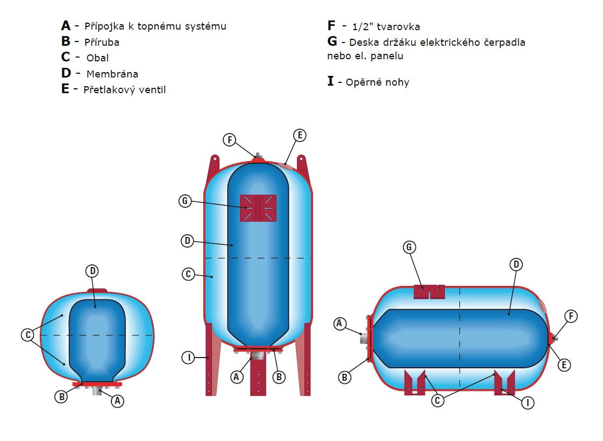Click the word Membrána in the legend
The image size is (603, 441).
112,73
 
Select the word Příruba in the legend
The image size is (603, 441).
102,42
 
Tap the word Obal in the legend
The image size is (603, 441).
98,58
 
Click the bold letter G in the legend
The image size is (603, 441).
332,41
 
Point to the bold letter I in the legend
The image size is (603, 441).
330,81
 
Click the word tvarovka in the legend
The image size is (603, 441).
399,26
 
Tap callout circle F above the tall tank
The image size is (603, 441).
230,139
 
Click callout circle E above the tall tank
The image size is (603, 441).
300,135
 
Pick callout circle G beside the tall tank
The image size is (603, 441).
185,201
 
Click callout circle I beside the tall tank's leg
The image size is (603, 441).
188,358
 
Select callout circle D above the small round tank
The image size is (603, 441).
93,271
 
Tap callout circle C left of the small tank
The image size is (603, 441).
27,335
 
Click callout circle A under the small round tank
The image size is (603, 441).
117,401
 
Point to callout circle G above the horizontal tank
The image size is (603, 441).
409,247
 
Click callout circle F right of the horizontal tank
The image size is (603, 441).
571,316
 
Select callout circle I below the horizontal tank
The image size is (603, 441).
528,403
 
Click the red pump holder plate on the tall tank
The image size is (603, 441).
258,208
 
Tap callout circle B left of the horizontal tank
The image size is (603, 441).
345,377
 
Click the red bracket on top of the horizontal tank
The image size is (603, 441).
429,292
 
